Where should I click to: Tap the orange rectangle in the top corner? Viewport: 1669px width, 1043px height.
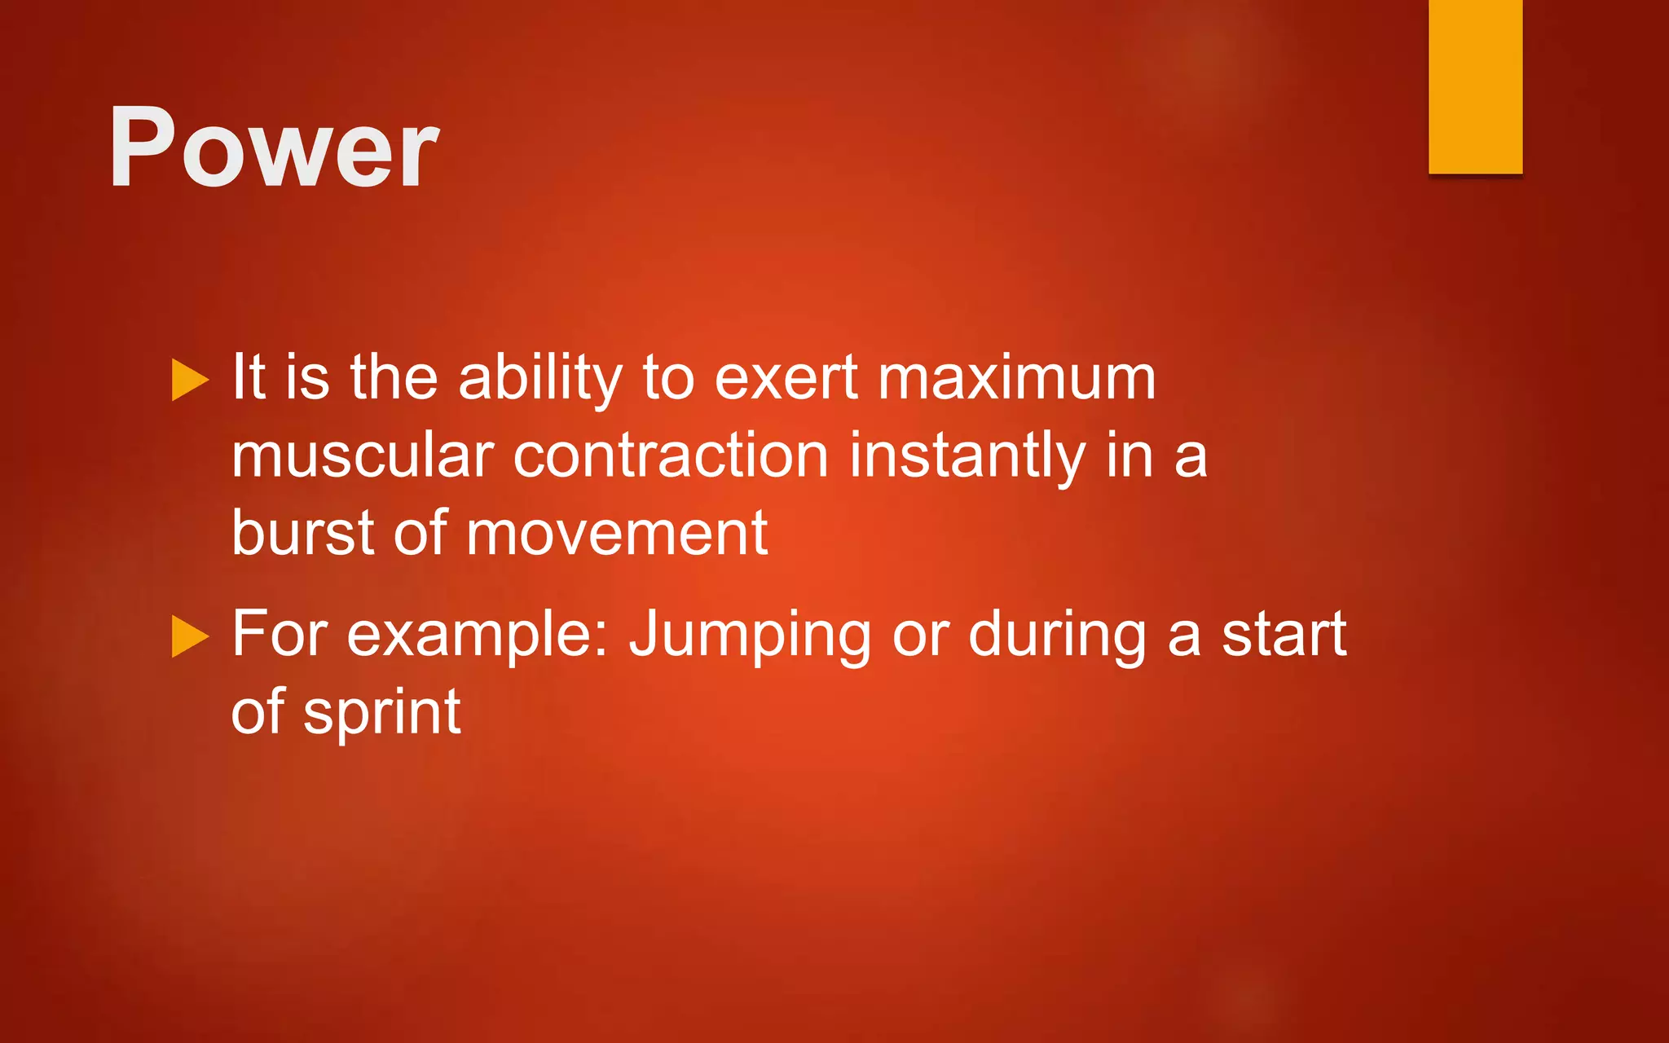[x=1475, y=86]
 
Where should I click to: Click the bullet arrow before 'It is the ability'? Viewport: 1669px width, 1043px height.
[x=191, y=380]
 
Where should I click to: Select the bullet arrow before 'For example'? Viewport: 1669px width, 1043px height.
[x=191, y=636]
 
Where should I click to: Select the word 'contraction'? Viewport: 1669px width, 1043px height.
[x=670, y=455]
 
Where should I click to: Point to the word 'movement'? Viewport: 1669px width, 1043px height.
[x=617, y=533]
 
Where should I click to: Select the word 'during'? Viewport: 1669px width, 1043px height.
[x=1058, y=635]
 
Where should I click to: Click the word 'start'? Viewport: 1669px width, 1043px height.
[x=1284, y=635]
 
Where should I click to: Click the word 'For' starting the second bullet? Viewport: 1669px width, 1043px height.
[x=280, y=633]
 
